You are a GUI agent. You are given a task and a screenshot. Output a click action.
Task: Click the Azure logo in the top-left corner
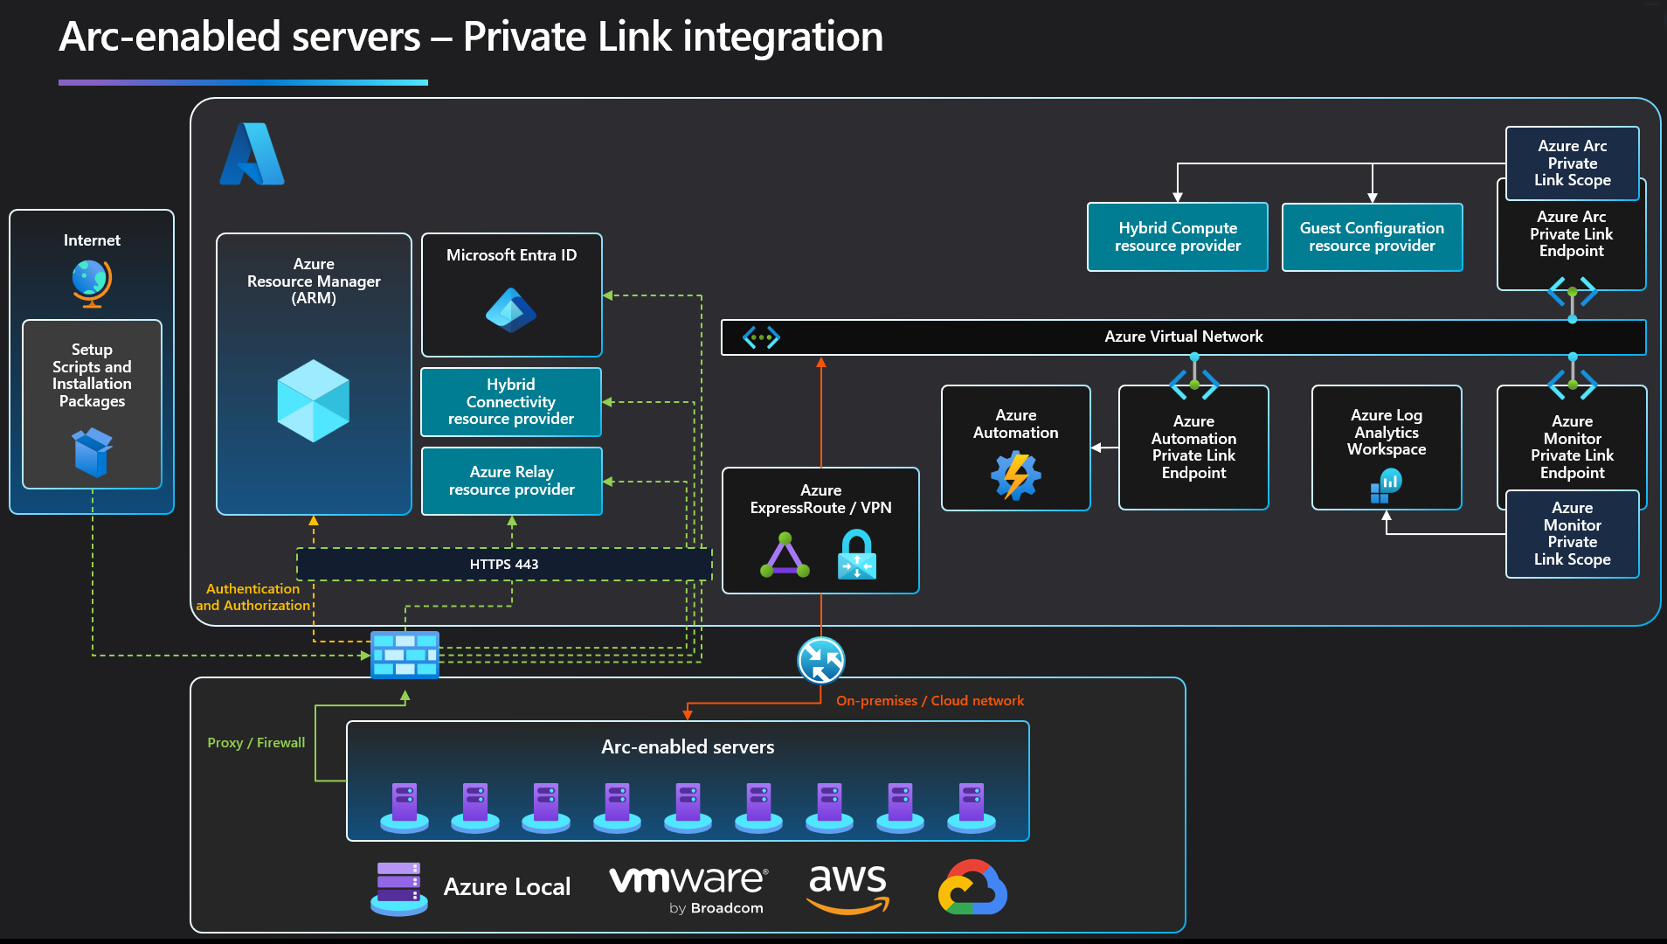(x=252, y=155)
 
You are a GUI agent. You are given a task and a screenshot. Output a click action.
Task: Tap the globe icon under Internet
(x=92, y=282)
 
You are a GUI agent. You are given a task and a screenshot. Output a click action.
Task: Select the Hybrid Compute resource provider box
(x=1177, y=237)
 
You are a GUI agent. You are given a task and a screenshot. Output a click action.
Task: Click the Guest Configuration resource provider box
(x=1372, y=237)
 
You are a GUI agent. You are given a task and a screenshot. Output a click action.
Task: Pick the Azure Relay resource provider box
(x=512, y=481)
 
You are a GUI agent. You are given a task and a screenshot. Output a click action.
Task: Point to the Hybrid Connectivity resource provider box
(x=511, y=402)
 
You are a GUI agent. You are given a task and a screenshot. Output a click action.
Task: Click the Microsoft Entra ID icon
(x=511, y=310)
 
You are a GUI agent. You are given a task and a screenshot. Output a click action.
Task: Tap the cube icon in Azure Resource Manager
(x=314, y=400)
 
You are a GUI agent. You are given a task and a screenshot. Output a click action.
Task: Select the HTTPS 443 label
(x=504, y=565)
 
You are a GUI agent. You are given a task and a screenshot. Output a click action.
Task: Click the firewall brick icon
(x=405, y=655)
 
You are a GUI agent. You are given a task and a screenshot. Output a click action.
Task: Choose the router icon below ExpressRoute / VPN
(x=821, y=660)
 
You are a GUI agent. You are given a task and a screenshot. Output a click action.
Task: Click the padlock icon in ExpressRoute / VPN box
(x=856, y=555)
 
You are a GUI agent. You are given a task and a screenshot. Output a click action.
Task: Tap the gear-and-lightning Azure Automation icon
(x=1015, y=475)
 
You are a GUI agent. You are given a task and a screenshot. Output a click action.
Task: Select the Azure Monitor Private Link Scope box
(x=1572, y=534)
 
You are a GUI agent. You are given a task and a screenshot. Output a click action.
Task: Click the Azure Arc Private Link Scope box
(x=1572, y=163)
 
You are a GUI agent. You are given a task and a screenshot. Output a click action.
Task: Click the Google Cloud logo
(x=972, y=888)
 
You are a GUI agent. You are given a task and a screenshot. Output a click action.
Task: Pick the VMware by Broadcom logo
(x=688, y=888)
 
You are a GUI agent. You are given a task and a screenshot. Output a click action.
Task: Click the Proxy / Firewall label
(x=256, y=743)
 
